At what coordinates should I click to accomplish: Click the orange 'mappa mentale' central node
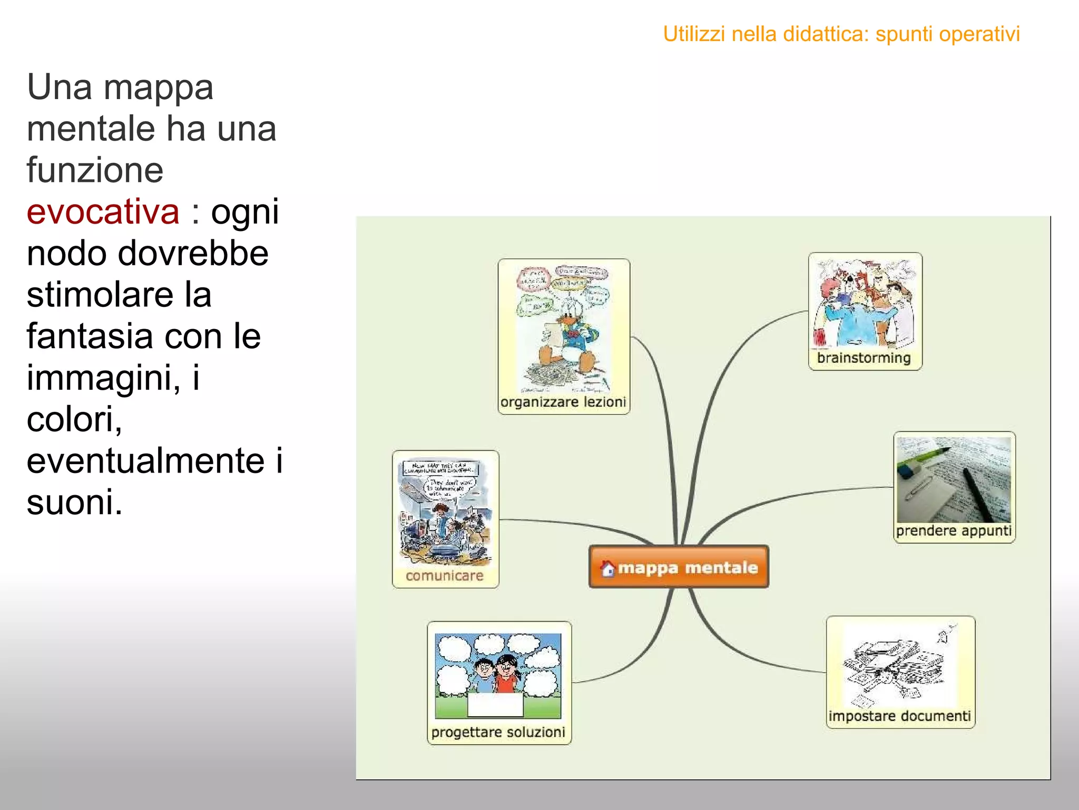pos(679,567)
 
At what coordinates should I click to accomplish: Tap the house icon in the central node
pos(608,568)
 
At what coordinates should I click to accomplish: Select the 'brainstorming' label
pos(864,358)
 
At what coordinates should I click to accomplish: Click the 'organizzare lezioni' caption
pos(563,402)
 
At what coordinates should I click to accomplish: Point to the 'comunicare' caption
pos(444,576)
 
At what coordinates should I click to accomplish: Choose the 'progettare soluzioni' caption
pos(498,732)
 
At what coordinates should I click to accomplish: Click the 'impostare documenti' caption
pos(899,716)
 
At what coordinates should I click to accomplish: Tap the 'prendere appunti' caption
pos(954,531)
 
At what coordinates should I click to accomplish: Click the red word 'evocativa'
pos(103,211)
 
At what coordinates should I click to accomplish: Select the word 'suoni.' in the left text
pos(74,502)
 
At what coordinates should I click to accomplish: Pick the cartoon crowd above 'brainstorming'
pos(864,303)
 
